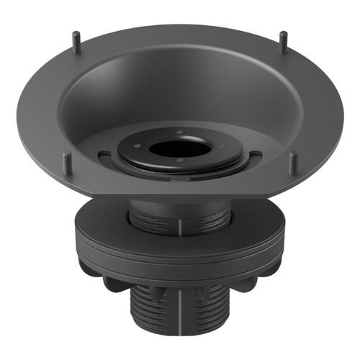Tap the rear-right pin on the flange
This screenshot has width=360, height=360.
(x=283, y=40)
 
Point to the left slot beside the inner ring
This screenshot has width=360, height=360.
(x=106, y=154)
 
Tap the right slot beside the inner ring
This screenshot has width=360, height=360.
(x=254, y=154)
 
